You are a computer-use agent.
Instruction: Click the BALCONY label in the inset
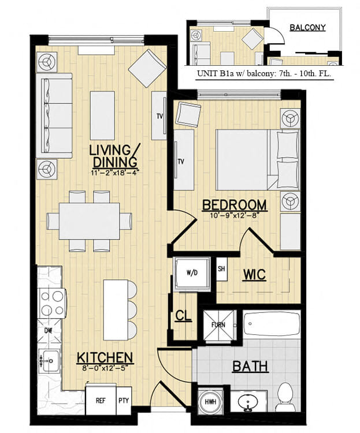point(307,27)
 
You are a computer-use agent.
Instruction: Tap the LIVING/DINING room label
point(114,156)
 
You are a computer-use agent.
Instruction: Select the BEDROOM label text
point(234,205)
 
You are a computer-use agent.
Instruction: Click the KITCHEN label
point(105,358)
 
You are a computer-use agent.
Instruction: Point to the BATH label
point(250,366)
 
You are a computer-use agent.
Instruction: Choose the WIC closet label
point(254,274)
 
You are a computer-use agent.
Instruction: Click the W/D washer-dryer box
point(190,273)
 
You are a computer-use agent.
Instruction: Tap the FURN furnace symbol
point(218,326)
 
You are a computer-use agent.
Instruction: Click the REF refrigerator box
point(101,400)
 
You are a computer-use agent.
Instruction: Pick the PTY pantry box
point(124,400)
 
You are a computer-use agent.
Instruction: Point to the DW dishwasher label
point(49,330)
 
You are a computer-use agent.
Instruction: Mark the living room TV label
point(159,115)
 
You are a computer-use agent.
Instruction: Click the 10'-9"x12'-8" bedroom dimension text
point(234,215)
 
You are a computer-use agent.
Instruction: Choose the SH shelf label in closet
point(221,269)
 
